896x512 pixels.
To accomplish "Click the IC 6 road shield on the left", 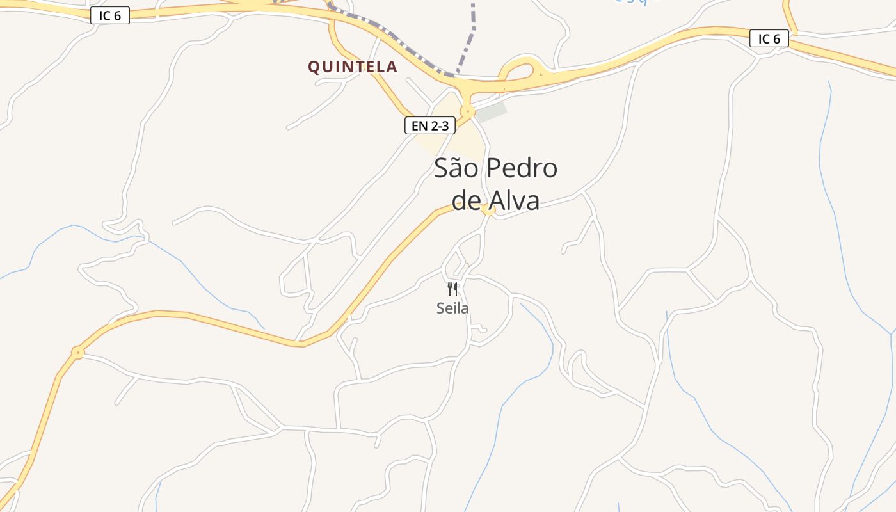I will click(110, 16).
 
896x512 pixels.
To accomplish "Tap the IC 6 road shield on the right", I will click(769, 39).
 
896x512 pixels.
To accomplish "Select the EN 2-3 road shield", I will click(429, 125).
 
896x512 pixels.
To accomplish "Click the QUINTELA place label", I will click(353, 67).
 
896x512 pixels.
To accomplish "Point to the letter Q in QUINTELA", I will click(314, 67).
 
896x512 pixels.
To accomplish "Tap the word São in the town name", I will click(455, 168).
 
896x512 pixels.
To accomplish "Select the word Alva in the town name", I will click(515, 200).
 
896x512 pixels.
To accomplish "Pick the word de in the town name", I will click(467, 200).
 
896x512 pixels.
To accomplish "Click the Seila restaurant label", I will click(452, 308).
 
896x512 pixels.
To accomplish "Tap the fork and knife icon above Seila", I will click(452, 289).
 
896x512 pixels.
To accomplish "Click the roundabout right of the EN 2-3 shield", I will click(468, 112).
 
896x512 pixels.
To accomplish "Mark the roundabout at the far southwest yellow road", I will click(77, 352).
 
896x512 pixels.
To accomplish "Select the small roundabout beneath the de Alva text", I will click(489, 210).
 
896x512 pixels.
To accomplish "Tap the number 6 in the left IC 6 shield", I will click(117, 16).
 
